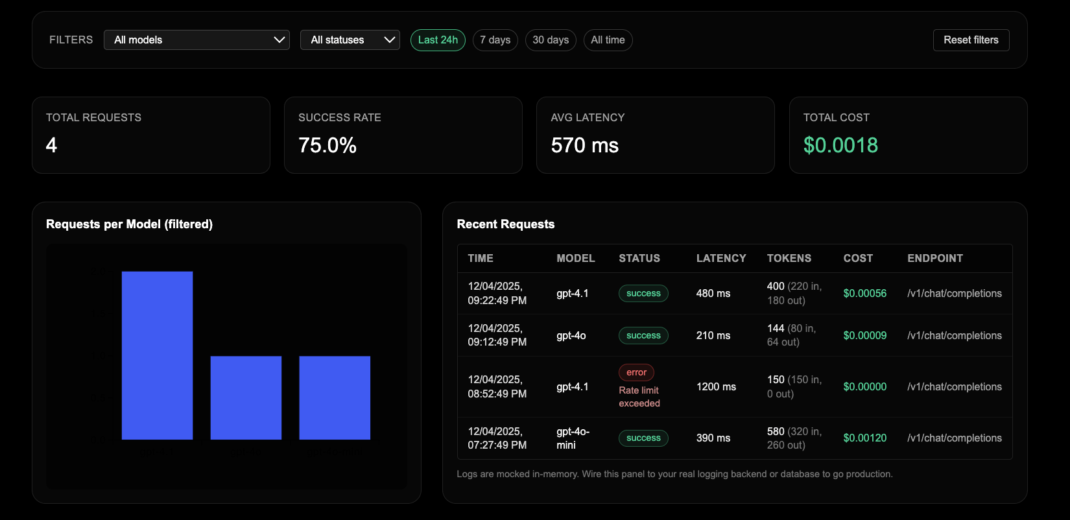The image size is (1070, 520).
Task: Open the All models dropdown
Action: [x=196, y=40]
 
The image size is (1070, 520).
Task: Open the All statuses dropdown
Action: [x=350, y=40]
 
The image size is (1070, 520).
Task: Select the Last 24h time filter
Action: [x=438, y=40]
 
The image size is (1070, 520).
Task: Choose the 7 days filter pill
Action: [x=495, y=40]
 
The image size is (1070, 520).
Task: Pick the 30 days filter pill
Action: [x=551, y=40]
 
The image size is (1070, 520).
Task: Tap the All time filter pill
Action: [x=608, y=40]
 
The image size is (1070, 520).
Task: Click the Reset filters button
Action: [x=971, y=40]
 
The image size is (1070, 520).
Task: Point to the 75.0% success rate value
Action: [x=327, y=145]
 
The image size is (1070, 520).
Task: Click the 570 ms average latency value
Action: [x=584, y=145]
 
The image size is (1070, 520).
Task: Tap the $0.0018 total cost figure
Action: [x=840, y=145]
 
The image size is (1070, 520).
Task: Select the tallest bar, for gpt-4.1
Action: [x=157, y=355]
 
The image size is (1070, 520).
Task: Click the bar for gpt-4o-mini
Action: [x=335, y=397]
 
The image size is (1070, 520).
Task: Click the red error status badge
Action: [x=636, y=372]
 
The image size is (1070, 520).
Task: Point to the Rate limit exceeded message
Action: [x=639, y=397]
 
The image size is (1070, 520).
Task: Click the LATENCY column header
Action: [x=721, y=258]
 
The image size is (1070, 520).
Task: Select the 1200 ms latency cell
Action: [x=716, y=386]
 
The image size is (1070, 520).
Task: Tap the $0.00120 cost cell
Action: [x=864, y=438]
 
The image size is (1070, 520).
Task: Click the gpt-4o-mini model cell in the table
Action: [x=573, y=438]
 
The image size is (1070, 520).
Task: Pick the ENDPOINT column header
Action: [x=934, y=258]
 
